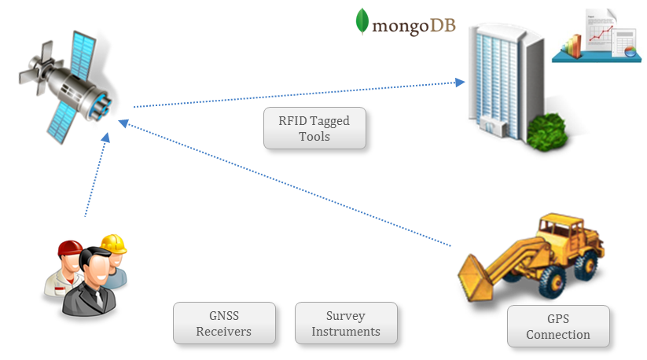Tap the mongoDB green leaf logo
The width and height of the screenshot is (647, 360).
362,22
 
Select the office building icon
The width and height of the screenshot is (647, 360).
503,75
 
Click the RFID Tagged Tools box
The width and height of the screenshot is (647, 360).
314,129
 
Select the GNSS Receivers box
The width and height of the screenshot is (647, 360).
224,323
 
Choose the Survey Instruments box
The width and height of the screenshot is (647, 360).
346,323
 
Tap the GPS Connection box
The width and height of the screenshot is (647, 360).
558,327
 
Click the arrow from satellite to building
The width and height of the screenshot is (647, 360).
299,94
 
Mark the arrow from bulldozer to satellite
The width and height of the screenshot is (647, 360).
291,185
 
